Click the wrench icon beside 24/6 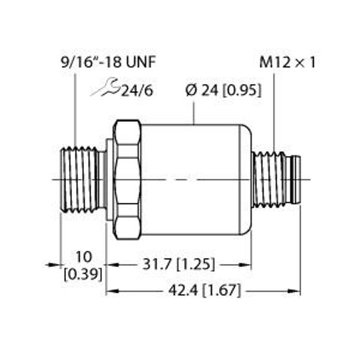[104, 89]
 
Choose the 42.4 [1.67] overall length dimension [204, 292]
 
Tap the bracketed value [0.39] [83, 274]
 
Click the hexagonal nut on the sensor [127, 179]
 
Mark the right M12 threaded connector [269, 179]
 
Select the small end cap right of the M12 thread [294, 179]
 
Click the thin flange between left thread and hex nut [109, 179]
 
